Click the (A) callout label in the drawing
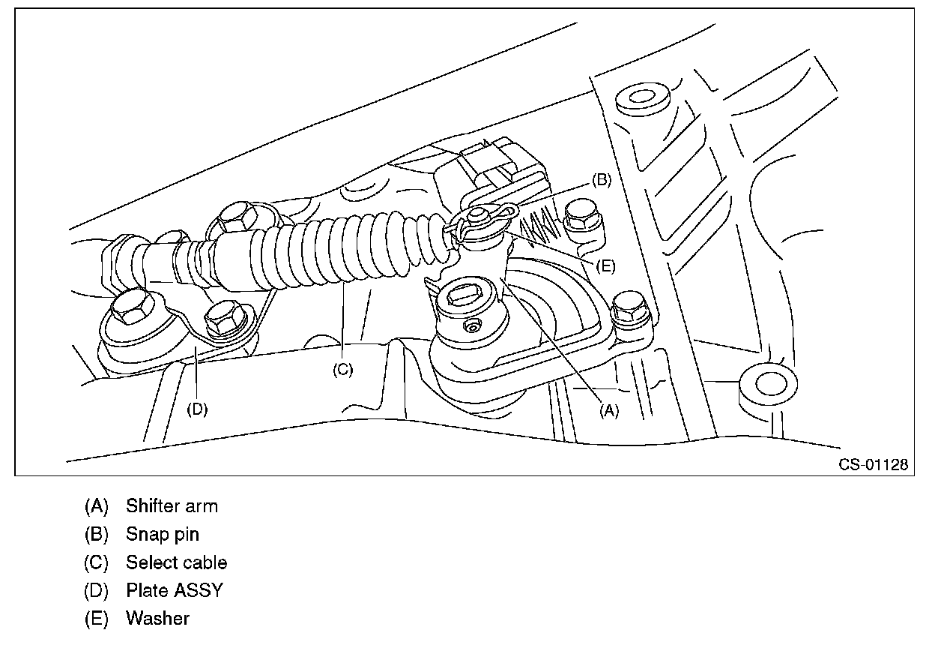(x=609, y=410)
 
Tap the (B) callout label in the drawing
(x=602, y=180)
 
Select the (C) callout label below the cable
(x=342, y=370)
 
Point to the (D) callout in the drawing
(x=197, y=409)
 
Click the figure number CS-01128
(x=873, y=465)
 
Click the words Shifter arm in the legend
(x=172, y=506)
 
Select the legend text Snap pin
(x=163, y=535)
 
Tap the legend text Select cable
(x=176, y=562)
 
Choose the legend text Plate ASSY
(x=174, y=590)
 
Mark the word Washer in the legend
(x=157, y=619)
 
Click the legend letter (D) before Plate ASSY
(x=96, y=590)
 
